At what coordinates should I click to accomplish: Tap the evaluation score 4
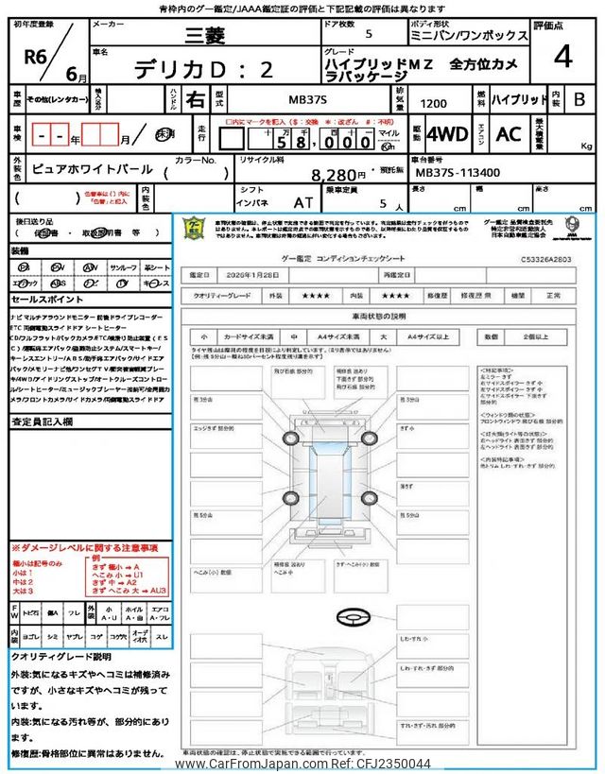pos(562,58)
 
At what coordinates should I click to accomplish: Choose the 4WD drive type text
pos(446,134)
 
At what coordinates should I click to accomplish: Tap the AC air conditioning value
pos(509,134)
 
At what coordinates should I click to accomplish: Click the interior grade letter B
pos(579,98)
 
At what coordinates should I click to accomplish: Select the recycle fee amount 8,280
pos(337,175)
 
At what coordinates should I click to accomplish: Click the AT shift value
pos(302,202)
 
